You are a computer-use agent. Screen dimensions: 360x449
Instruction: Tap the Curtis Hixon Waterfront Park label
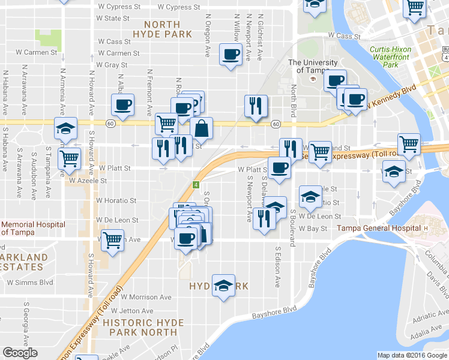coord(393,57)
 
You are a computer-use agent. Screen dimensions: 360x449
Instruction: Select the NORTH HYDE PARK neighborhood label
coord(158,29)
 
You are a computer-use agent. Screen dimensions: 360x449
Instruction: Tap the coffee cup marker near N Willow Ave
coord(230,55)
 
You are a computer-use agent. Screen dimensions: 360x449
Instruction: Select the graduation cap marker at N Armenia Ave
coord(65,128)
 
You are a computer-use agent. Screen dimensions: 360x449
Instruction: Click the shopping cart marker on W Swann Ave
coord(112,240)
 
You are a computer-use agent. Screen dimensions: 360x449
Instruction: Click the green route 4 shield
coord(196,184)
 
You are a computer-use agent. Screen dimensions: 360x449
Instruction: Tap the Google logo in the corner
coord(20,353)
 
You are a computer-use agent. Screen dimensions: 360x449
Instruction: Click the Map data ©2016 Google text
coord(412,355)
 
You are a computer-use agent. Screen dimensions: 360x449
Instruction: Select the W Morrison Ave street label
coord(134,297)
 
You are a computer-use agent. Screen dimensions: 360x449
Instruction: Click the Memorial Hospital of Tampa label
coord(33,229)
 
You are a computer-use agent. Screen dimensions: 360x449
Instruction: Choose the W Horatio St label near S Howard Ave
coord(116,200)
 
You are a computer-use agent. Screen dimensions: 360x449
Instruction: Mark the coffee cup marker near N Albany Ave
coord(122,105)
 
